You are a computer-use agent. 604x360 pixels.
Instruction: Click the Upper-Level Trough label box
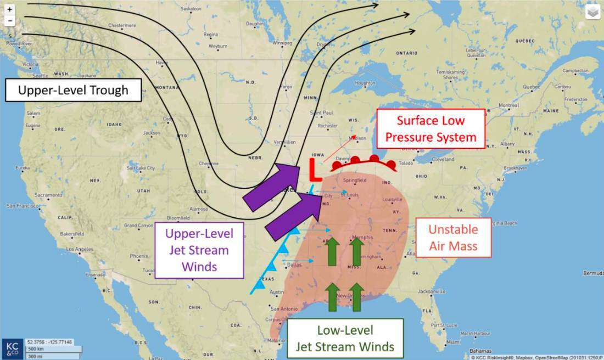[73, 90]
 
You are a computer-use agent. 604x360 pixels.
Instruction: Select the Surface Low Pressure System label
[430, 128]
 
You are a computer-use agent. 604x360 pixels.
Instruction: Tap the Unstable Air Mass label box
[453, 238]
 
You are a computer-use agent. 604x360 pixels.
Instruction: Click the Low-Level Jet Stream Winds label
[345, 338]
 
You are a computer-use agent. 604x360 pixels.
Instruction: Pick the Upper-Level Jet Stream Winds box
[199, 250]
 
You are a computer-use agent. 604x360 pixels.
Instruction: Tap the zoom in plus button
[9, 9]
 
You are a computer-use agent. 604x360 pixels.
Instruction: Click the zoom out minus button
[9, 21]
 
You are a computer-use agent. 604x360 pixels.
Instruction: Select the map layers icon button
[592, 12]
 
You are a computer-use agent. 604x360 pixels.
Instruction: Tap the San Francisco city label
[21, 205]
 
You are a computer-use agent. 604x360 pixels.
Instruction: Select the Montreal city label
[508, 105]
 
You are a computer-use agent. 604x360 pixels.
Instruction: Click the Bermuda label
[594, 273]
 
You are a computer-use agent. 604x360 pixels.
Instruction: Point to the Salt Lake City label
[139, 168]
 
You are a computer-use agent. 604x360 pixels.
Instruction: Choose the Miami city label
[454, 342]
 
